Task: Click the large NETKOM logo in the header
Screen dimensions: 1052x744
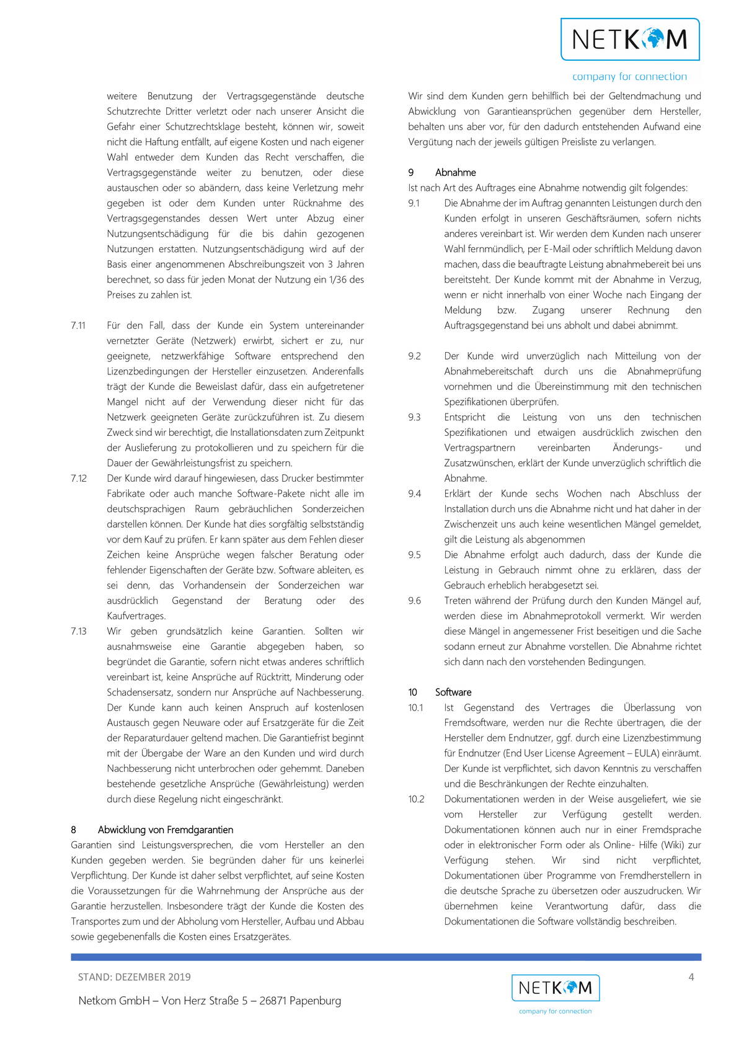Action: point(630,40)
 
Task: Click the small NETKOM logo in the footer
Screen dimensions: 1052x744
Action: point(555,988)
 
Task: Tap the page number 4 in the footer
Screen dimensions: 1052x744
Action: point(691,977)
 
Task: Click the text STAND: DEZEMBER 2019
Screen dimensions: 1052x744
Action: point(135,977)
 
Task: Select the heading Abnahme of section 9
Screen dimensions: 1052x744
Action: point(455,172)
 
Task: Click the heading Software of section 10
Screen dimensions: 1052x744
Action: point(453,692)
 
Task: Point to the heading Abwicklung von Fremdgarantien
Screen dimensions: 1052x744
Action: point(166,829)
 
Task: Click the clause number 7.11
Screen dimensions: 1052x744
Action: point(78,325)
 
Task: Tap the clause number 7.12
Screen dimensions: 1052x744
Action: point(79,478)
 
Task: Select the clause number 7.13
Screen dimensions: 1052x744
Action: point(79,631)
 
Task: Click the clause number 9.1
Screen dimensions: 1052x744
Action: point(414,203)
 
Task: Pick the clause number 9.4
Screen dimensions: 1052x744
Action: point(414,493)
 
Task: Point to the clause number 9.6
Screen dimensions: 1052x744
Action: point(414,600)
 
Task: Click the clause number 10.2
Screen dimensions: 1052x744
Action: point(416,799)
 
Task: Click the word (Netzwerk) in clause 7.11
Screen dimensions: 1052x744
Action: point(214,341)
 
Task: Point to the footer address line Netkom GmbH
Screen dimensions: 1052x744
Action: point(210,1001)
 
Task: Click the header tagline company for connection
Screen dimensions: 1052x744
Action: point(629,77)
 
